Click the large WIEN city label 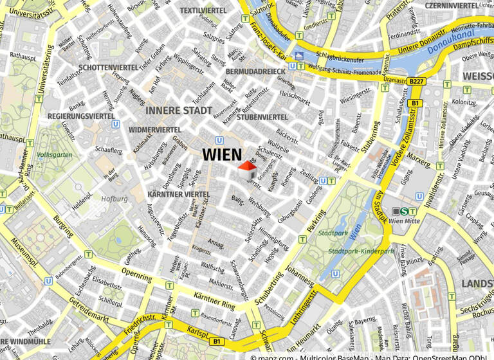(222, 155)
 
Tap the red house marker (247, 170)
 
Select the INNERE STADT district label (178, 111)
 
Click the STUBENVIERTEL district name (262, 117)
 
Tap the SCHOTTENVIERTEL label (108, 67)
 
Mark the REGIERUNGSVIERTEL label (81, 116)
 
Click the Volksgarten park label (54, 155)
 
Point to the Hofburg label (114, 199)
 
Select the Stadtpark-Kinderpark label (361, 251)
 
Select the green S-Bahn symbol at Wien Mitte (404, 211)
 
